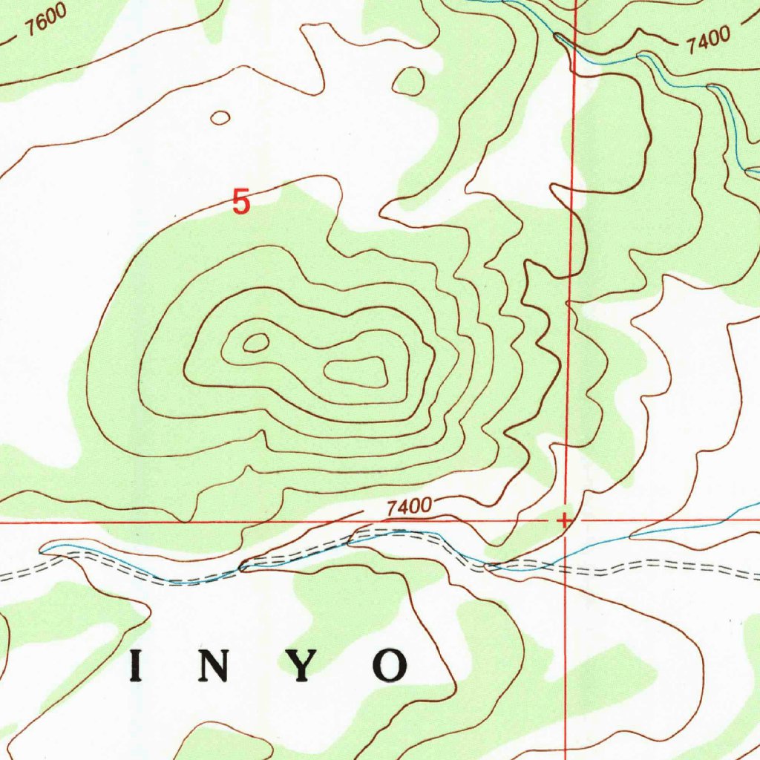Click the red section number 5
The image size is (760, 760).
[x=241, y=202]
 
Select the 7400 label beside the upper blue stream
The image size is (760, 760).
[x=708, y=41]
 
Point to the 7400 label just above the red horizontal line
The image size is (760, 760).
[x=409, y=508]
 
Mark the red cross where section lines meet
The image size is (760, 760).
[x=564, y=520]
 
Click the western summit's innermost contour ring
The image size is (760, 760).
[x=255, y=342]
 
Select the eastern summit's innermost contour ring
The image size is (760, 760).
[x=357, y=371]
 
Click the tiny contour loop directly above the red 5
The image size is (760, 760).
[x=220, y=117]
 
